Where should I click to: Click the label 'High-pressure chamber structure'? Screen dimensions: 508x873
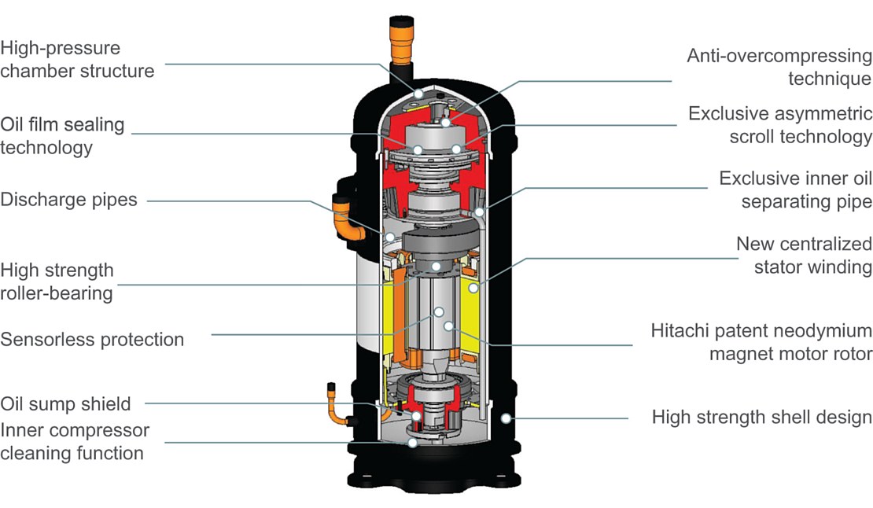tap(77, 59)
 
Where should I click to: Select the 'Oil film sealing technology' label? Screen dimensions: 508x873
tap(62, 135)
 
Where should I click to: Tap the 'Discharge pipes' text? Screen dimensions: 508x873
tap(68, 200)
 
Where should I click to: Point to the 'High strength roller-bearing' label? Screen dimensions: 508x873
tap(57, 282)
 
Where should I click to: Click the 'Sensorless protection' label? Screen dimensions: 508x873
tap(92, 340)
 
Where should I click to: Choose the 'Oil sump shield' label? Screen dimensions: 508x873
tap(65, 403)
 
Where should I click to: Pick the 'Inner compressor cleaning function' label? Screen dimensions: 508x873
tap(74, 441)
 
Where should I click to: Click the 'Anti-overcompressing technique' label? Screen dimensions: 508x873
tap(779, 67)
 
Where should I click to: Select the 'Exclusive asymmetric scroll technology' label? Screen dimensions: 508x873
tap(780, 124)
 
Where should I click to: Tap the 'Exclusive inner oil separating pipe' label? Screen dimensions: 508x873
tap(795, 190)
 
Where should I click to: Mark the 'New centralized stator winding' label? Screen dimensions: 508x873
tap(804, 255)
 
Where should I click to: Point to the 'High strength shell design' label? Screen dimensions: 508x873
tap(761, 417)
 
